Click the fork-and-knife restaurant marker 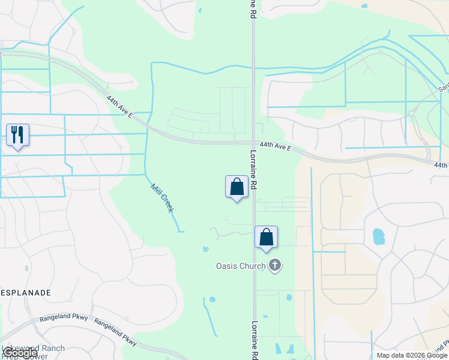point(17,135)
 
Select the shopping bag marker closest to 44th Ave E point(237,187)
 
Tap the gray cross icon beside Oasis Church point(275,265)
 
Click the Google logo point(19,353)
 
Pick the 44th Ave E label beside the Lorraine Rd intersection point(276,146)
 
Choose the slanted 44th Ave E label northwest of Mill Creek point(120,106)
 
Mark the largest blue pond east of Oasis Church point(378,236)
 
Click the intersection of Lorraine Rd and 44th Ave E point(253,143)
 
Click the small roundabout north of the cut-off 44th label point(412,112)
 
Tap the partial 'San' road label point(443,88)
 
